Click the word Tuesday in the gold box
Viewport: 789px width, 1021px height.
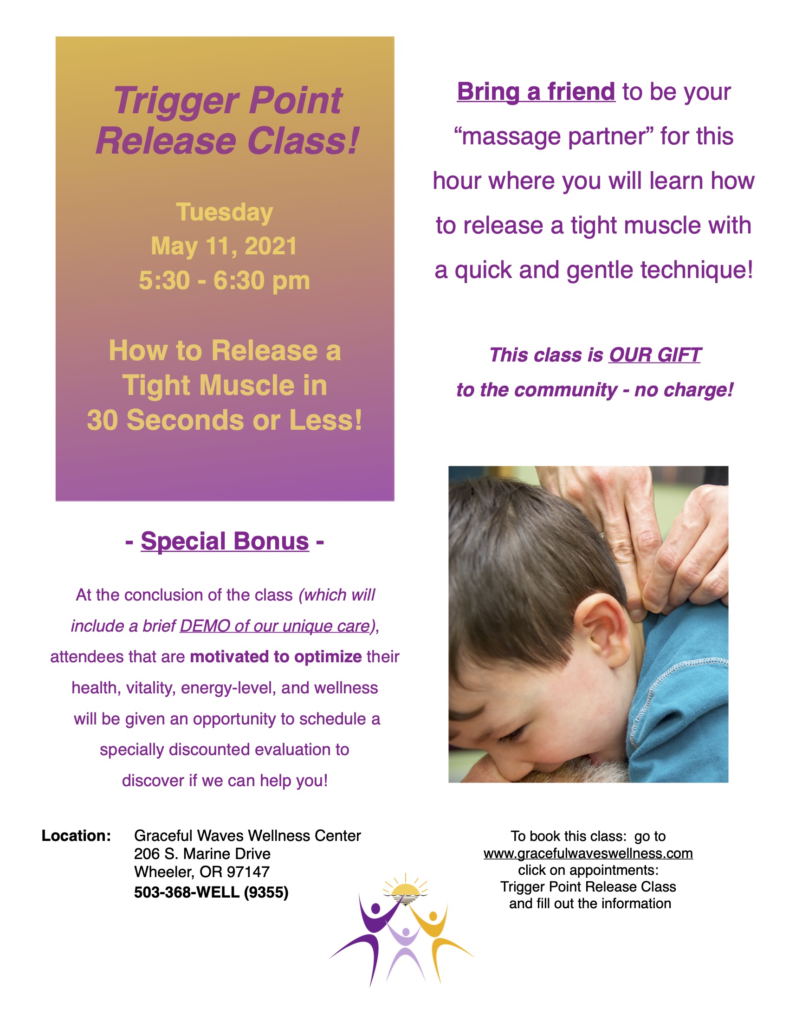click(x=224, y=213)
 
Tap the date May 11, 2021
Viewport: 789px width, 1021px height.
click(x=224, y=246)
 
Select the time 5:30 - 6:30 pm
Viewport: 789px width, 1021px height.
click(x=224, y=281)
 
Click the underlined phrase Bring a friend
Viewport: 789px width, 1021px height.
click(x=536, y=91)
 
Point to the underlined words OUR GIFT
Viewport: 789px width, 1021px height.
click(x=654, y=355)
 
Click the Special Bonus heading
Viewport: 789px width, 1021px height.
click(x=225, y=541)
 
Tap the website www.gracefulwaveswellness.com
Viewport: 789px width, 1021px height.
click(x=588, y=853)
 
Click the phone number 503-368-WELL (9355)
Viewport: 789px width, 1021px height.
click(x=211, y=892)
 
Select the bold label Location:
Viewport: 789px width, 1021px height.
click(x=76, y=835)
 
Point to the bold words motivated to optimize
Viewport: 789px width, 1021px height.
click(x=276, y=657)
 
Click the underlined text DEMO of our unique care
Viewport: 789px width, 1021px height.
click(x=274, y=626)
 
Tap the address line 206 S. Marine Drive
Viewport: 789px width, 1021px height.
click(x=202, y=853)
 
